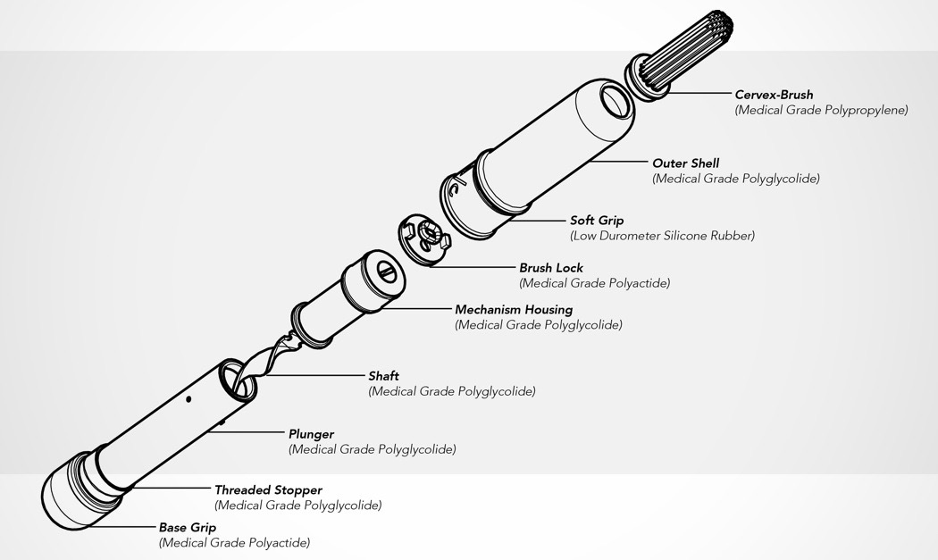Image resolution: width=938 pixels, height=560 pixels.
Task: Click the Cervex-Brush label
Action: (x=774, y=95)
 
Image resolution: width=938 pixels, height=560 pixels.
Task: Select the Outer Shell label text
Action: (x=685, y=163)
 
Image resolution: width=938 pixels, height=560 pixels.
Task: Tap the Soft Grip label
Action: (x=597, y=221)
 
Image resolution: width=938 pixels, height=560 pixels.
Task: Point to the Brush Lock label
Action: (x=551, y=268)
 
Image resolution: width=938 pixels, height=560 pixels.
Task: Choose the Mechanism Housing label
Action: (x=514, y=310)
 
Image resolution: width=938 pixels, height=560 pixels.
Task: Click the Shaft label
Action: (x=383, y=376)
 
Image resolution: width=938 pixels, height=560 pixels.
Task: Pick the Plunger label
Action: (x=311, y=434)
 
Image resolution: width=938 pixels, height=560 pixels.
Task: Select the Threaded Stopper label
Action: (x=268, y=490)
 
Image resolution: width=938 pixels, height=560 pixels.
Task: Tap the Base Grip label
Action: (x=188, y=528)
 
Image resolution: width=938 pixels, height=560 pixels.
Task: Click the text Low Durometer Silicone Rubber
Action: (x=662, y=236)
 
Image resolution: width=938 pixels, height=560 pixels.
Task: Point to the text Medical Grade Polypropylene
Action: (x=821, y=110)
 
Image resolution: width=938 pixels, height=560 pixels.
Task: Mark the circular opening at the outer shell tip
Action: (x=615, y=100)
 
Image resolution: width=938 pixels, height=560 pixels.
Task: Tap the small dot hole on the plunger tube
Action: (x=188, y=400)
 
